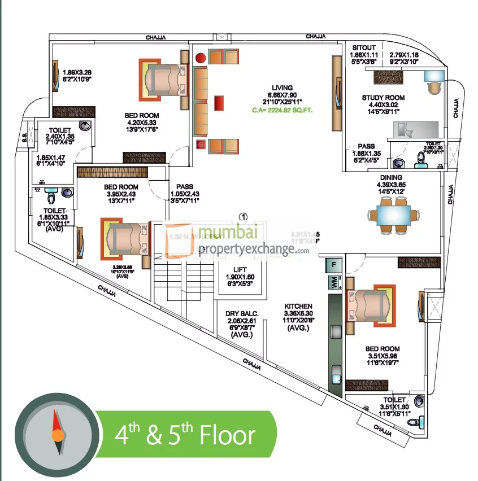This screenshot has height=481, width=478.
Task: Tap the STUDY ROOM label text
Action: click(x=383, y=98)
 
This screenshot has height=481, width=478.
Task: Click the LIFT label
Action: click(x=240, y=269)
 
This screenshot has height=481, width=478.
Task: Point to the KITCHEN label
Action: click(x=298, y=307)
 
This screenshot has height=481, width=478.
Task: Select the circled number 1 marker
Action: click(x=244, y=215)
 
